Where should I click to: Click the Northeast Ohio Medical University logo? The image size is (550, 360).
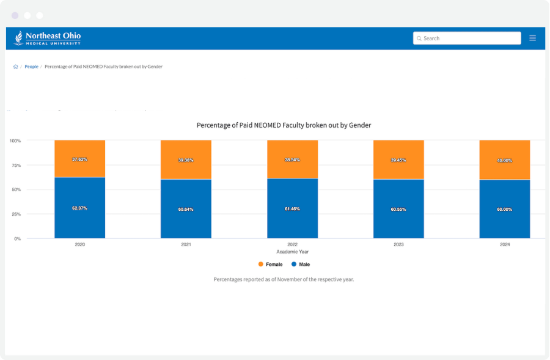pos(48,38)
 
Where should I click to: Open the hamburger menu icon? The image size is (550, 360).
pos(532,38)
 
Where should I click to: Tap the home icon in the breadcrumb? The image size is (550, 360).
pos(15,67)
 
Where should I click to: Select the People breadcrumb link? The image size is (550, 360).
pos(31,67)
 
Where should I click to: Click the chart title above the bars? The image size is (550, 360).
pos(284,125)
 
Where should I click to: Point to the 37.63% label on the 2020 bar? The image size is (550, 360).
pos(79,160)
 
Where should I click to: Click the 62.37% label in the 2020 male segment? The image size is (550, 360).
pos(79,208)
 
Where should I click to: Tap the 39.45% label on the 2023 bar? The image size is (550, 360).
pos(398,160)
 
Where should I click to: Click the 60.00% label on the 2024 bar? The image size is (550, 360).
pos(504,210)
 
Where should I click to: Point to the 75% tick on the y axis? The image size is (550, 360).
pos(15,165)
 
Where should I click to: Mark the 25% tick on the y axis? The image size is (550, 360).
pos(15,214)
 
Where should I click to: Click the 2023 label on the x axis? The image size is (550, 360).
pos(398,244)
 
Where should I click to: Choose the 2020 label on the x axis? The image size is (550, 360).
pos(79,244)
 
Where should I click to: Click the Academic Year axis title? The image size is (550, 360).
pos(292,252)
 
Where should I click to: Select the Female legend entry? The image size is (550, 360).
pos(270,265)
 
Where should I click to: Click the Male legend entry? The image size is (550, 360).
pos(301,265)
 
